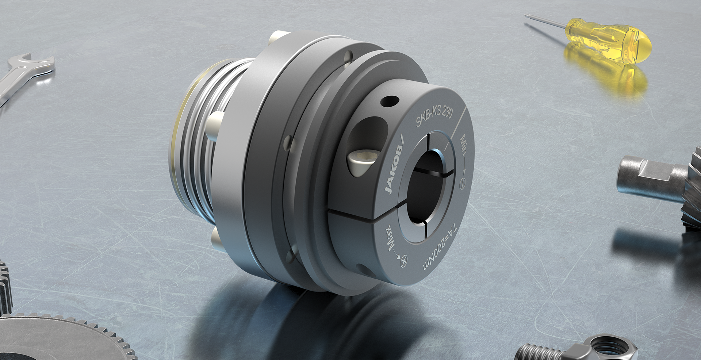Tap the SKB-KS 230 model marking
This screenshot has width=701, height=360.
click(434, 116)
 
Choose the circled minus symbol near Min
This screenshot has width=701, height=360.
click(464, 182)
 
